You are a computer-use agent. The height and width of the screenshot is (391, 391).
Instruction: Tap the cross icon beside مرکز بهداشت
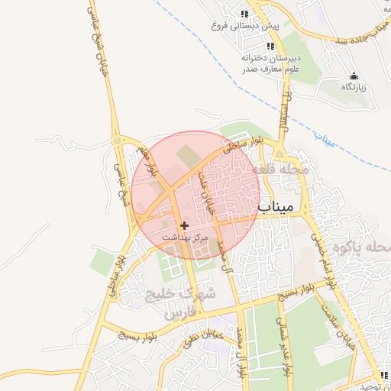(x=184, y=226)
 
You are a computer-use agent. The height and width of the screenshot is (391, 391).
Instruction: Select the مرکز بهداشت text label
(x=184, y=238)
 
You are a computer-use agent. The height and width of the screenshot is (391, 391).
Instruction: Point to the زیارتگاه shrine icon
(x=354, y=76)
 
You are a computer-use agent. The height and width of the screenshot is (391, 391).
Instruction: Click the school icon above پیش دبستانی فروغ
(x=244, y=14)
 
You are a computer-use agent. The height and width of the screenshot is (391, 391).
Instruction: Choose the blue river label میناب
(x=325, y=140)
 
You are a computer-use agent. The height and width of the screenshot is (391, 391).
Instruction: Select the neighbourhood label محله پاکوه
(x=367, y=247)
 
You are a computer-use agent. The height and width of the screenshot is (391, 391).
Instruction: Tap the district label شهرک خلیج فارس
(x=183, y=302)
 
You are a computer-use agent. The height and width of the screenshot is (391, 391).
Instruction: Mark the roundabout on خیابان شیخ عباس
(x=118, y=141)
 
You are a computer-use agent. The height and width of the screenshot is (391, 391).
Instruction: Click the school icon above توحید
(x=384, y=375)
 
